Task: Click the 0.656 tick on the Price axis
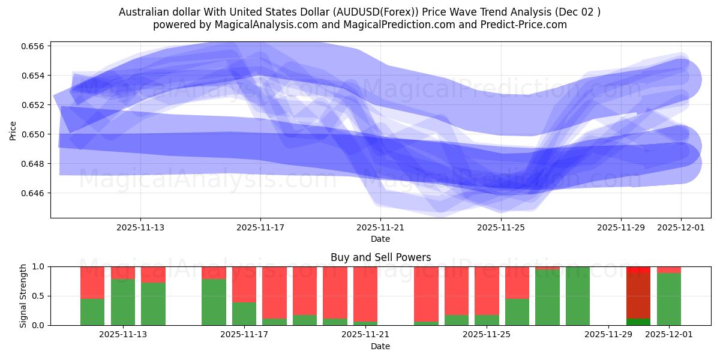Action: click(x=36, y=46)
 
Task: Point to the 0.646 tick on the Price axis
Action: click(x=36, y=193)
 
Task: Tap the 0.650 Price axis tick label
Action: click(x=36, y=134)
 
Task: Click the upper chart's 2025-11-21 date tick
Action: click(x=380, y=227)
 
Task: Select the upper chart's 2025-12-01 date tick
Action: click(x=680, y=227)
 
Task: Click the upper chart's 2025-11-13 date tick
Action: click(x=140, y=227)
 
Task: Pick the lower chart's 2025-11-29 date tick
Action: click(x=608, y=335)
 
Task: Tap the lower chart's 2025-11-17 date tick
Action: click(x=244, y=335)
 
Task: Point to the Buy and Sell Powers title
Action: click(x=380, y=257)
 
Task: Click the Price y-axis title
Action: click(x=13, y=130)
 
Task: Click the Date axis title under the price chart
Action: click(x=380, y=239)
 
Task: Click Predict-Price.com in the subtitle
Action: click(x=521, y=25)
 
